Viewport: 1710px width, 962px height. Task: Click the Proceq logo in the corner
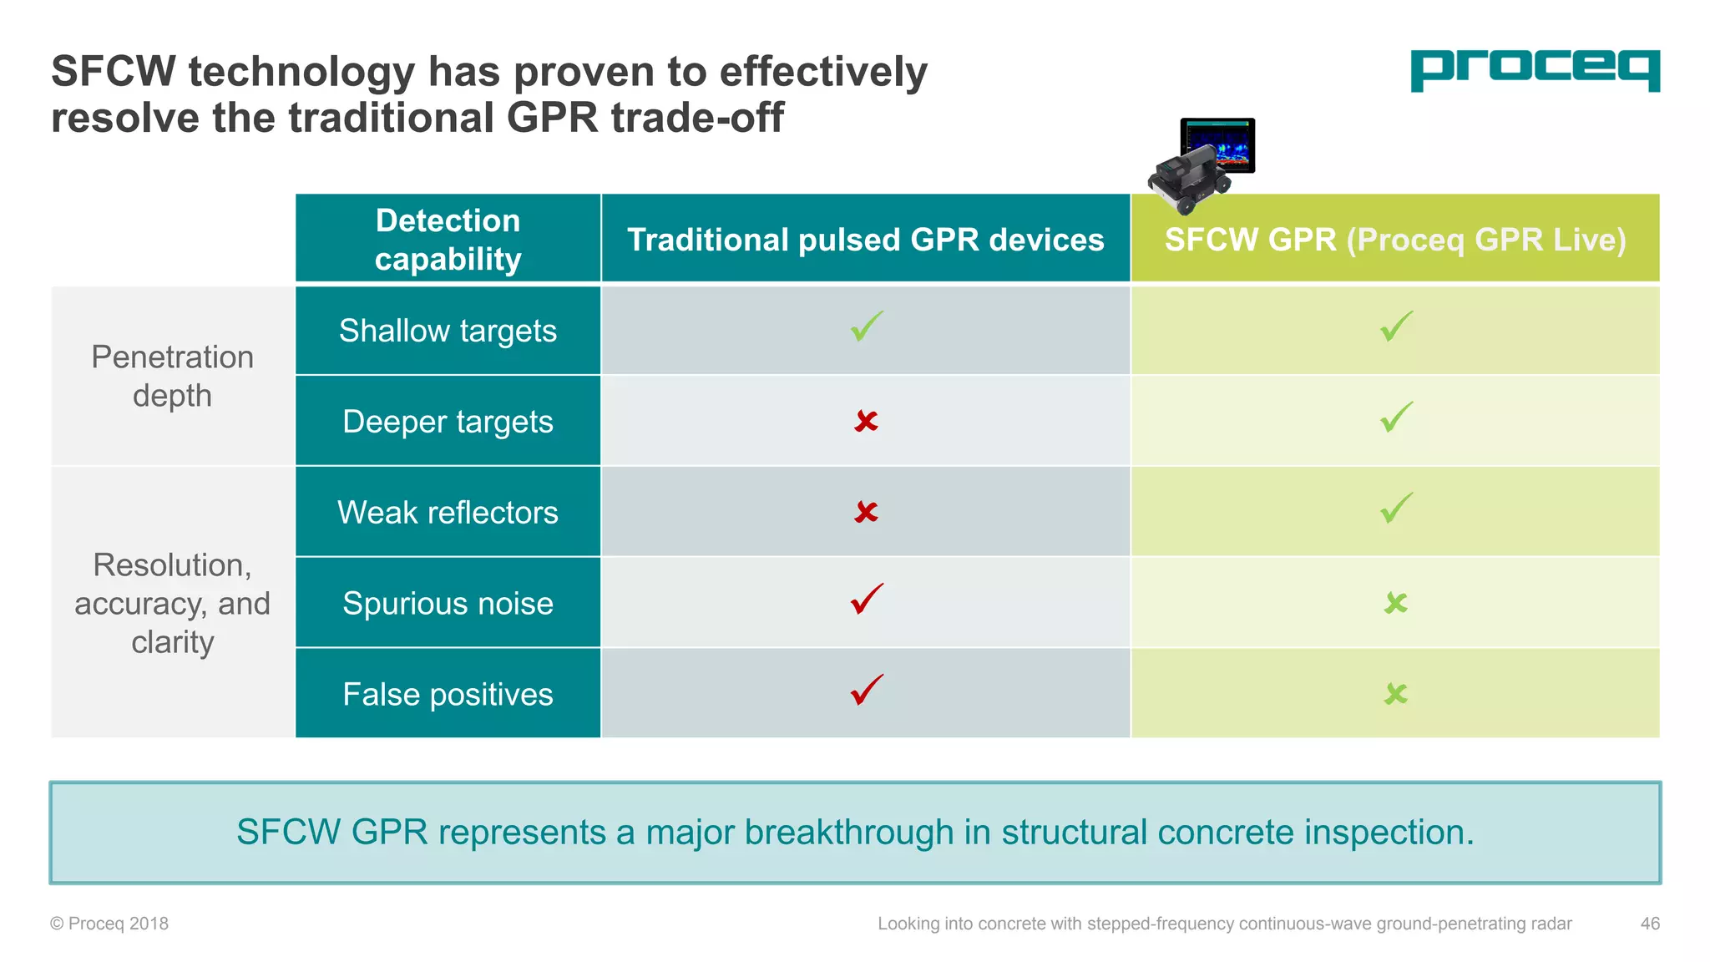pyautogui.click(x=1535, y=70)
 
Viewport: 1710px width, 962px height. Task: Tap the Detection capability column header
pyautogui.click(x=448, y=239)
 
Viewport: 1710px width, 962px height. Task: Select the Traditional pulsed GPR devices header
pyautogui.click(x=865, y=240)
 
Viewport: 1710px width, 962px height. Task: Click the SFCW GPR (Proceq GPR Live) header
pyautogui.click(x=1394, y=240)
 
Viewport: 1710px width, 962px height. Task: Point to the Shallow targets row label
pyautogui.click(x=448, y=331)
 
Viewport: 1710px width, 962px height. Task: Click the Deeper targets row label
pyautogui.click(x=448, y=422)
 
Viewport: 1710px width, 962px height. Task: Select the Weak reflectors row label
pyautogui.click(x=448, y=512)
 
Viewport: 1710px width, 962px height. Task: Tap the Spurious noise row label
pyautogui.click(x=448, y=603)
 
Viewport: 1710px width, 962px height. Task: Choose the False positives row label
pyautogui.click(x=448, y=694)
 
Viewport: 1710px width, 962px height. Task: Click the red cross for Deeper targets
pyautogui.click(x=866, y=421)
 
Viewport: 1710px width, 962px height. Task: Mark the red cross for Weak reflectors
pyautogui.click(x=866, y=511)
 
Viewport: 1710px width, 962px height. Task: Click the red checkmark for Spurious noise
pyautogui.click(x=866, y=600)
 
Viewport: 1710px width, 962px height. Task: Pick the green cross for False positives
pyautogui.click(x=1395, y=693)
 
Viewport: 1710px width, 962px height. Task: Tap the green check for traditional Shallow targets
pyautogui.click(x=866, y=327)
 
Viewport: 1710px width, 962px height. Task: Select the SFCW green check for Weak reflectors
pyautogui.click(x=1395, y=508)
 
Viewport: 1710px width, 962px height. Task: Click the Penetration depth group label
pyautogui.click(x=172, y=376)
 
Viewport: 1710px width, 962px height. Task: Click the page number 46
pyautogui.click(x=1649, y=924)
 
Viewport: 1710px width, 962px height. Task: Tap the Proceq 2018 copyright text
pyautogui.click(x=109, y=924)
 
